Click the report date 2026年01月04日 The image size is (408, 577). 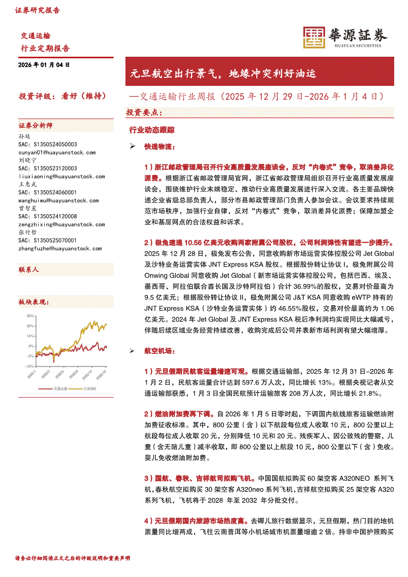(x=44, y=65)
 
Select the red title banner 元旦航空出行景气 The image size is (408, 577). (x=223, y=75)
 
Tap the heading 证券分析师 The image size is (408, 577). (x=35, y=126)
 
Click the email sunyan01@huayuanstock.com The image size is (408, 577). (x=57, y=153)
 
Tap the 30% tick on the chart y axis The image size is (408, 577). (x=30, y=315)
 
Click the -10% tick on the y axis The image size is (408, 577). (x=30, y=366)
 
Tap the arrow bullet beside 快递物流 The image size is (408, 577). (x=132, y=147)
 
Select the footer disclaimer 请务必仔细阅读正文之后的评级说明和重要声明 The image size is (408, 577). (x=73, y=558)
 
